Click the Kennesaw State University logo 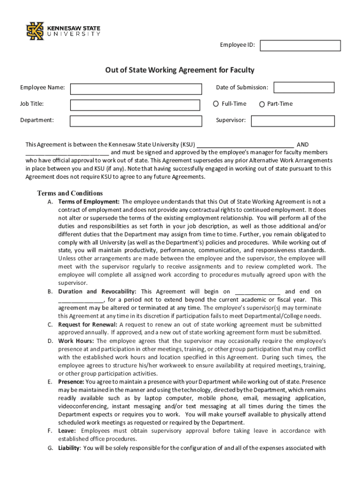(63, 31)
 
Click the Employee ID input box (300, 45)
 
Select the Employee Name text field (136, 89)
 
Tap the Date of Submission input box (304, 87)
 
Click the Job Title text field (136, 105)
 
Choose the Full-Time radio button (216, 104)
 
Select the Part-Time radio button (262, 104)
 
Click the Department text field (136, 121)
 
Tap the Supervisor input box (293, 121)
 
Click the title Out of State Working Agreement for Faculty (180, 70)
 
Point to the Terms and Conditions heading (70, 193)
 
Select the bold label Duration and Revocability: (97, 291)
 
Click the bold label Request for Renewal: (88, 324)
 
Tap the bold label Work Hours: (76, 341)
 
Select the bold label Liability (69, 448)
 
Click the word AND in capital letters (302, 145)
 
